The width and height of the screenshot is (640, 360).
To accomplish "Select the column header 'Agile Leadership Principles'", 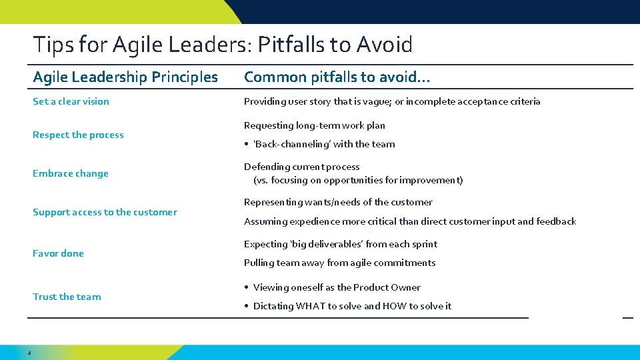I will pyautogui.click(x=125, y=77).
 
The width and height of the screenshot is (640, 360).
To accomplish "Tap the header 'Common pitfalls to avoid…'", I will pyautogui.click(x=337, y=77).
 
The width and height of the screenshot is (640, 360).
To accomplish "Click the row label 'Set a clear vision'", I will pyautogui.click(x=71, y=101).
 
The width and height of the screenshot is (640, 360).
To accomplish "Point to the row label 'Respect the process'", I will pyautogui.click(x=78, y=135).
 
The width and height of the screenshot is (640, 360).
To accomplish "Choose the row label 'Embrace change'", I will pyautogui.click(x=70, y=173).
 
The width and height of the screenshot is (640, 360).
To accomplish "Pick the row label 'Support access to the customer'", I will pyautogui.click(x=105, y=212).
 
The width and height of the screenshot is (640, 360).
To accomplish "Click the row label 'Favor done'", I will pyautogui.click(x=58, y=253).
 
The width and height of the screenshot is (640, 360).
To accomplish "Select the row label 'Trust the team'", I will pyautogui.click(x=67, y=297).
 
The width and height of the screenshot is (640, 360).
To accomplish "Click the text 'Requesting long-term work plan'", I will pyautogui.click(x=314, y=125).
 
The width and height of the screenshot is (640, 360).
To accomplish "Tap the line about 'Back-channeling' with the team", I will pyautogui.click(x=324, y=144).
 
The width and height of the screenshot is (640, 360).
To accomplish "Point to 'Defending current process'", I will pyautogui.click(x=301, y=167).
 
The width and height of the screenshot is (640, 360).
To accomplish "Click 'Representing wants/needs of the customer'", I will pyautogui.click(x=338, y=202).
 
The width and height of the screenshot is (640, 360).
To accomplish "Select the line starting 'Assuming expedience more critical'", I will pyautogui.click(x=409, y=221).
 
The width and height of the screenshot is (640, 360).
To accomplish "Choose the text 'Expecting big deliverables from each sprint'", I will pyautogui.click(x=341, y=244).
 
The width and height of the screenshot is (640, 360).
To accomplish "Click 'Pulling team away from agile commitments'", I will pyautogui.click(x=339, y=263).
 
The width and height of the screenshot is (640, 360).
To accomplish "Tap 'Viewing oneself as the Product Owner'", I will pyautogui.click(x=337, y=287).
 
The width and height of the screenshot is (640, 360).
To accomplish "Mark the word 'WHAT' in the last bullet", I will pyautogui.click(x=310, y=306).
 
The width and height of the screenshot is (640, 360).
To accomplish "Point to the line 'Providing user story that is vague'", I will pyautogui.click(x=392, y=101).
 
